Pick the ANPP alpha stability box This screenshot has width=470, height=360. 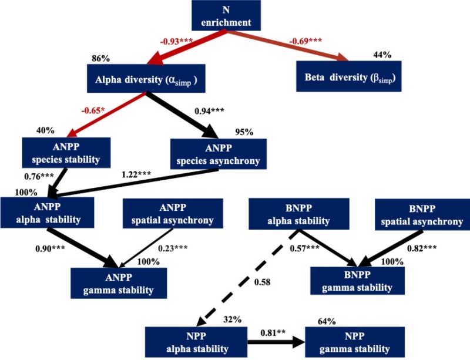click(47, 213)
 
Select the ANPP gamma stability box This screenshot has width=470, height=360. click(122, 284)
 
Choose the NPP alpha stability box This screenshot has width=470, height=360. click(195, 343)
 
